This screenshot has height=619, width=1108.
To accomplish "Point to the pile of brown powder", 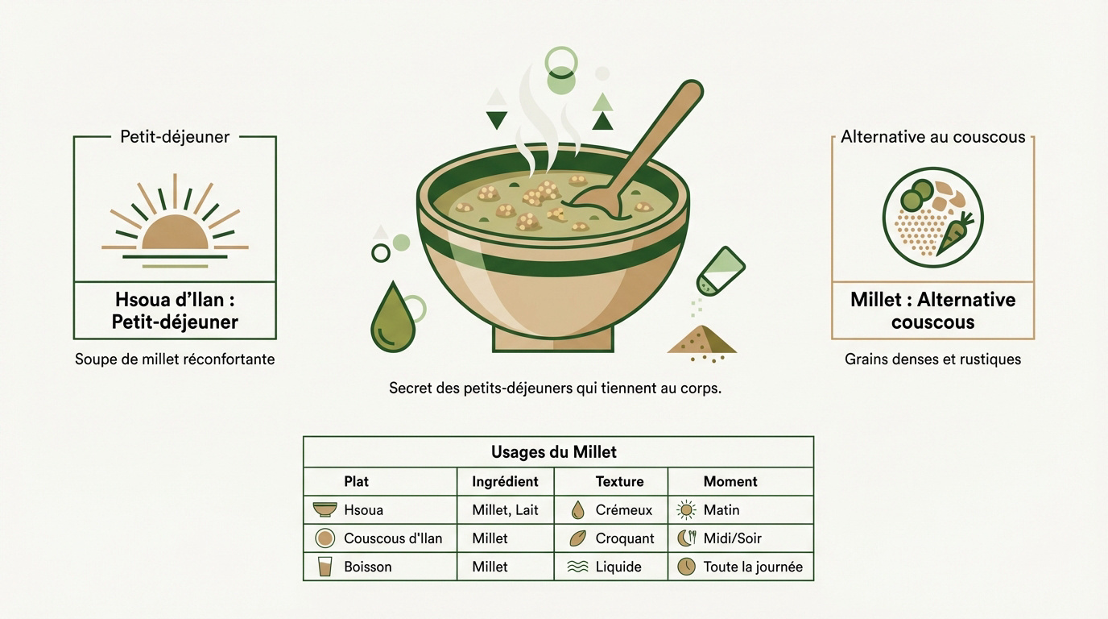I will (702, 341).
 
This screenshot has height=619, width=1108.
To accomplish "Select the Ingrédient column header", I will (505, 481).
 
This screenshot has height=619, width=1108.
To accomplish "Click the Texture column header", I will (619, 481).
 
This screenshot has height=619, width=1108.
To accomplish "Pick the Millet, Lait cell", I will (505, 509).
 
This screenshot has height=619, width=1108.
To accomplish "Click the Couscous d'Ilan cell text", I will (393, 538).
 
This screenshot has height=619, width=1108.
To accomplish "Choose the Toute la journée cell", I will (753, 567).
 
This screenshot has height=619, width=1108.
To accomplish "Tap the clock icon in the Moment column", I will (686, 567).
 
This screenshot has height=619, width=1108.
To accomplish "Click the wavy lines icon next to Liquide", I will (577, 567).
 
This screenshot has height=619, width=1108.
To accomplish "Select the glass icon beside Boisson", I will (325, 567).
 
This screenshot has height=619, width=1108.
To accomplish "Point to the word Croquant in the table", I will (625, 538).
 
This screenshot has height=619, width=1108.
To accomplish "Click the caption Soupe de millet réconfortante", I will (175, 359).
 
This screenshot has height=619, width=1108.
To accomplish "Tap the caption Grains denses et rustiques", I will (932, 359).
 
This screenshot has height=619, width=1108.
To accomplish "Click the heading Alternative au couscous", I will (932, 137).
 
